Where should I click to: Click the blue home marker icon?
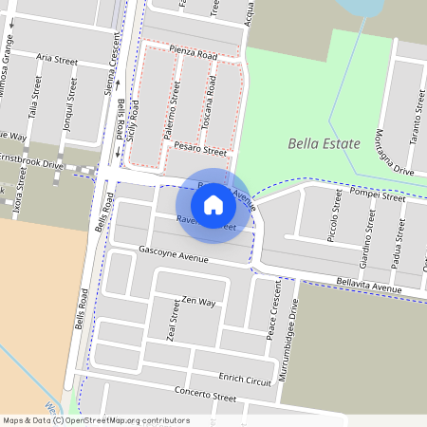(x=213, y=204)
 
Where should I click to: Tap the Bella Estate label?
(x=324, y=144)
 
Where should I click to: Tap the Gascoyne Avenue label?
(x=173, y=257)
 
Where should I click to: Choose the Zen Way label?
(x=198, y=301)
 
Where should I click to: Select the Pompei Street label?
(x=378, y=194)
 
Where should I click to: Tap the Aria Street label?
(x=57, y=59)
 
